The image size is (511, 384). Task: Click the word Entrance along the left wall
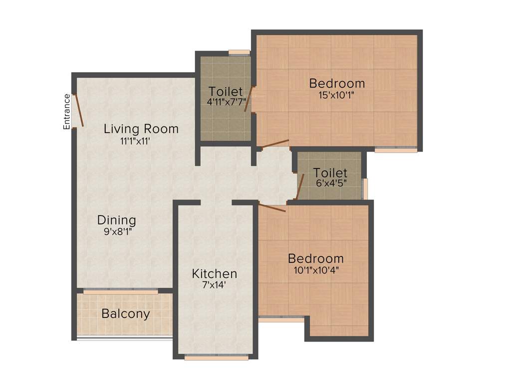tap(66, 111)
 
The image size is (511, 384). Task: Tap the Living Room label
tap(141, 128)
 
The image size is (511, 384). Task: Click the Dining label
tap(116, 220)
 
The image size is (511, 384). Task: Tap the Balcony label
tap(125, 314)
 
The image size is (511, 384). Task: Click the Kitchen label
tap(215, 273)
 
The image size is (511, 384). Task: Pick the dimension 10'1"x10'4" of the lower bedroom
tap(316, 270)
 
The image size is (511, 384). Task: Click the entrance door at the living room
tap(78, 110)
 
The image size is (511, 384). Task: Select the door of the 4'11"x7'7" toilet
tap(249, 99)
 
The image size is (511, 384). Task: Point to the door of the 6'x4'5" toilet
tap(300, 187)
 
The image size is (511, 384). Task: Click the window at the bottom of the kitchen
tap(216, 357)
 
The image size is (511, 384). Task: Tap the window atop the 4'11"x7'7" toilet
tap(239, 51)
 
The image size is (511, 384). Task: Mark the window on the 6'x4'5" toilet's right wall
tap(365, 188)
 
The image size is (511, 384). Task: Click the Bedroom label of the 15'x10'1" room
tap(337, 83)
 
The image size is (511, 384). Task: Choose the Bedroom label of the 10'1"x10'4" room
tap(316, 258)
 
